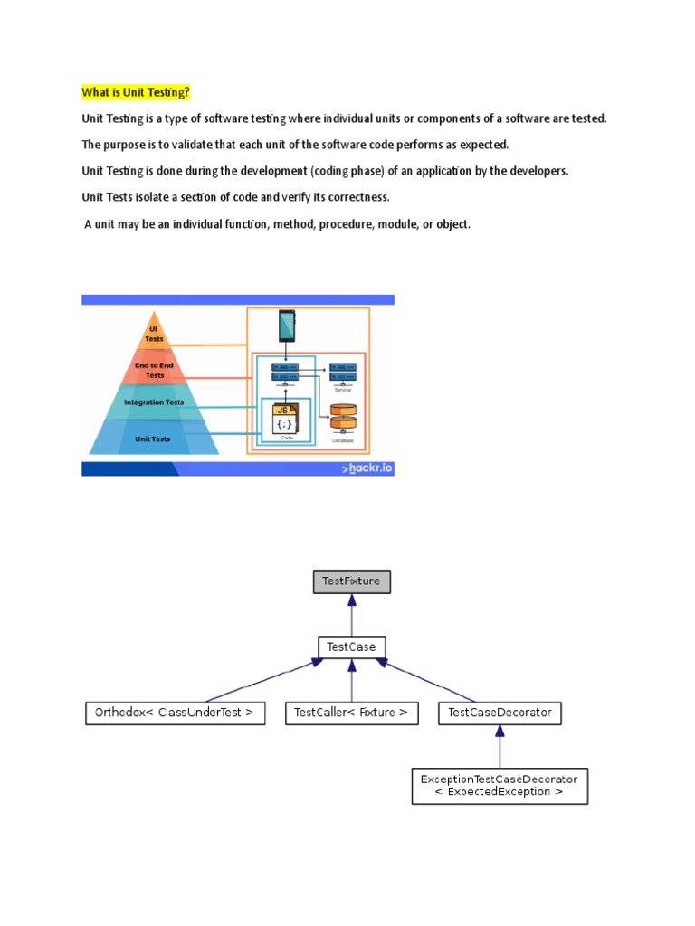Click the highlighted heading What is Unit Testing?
point(136,92)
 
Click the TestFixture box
point(351,581)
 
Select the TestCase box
point(351,647)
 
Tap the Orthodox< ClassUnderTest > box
point(175,713)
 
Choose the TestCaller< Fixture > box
point(351,713)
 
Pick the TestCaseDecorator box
point(500,713)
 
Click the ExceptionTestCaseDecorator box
point(500,785)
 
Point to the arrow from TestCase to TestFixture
point(351,615)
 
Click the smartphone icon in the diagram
point(287,326)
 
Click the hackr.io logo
point(367,468)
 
